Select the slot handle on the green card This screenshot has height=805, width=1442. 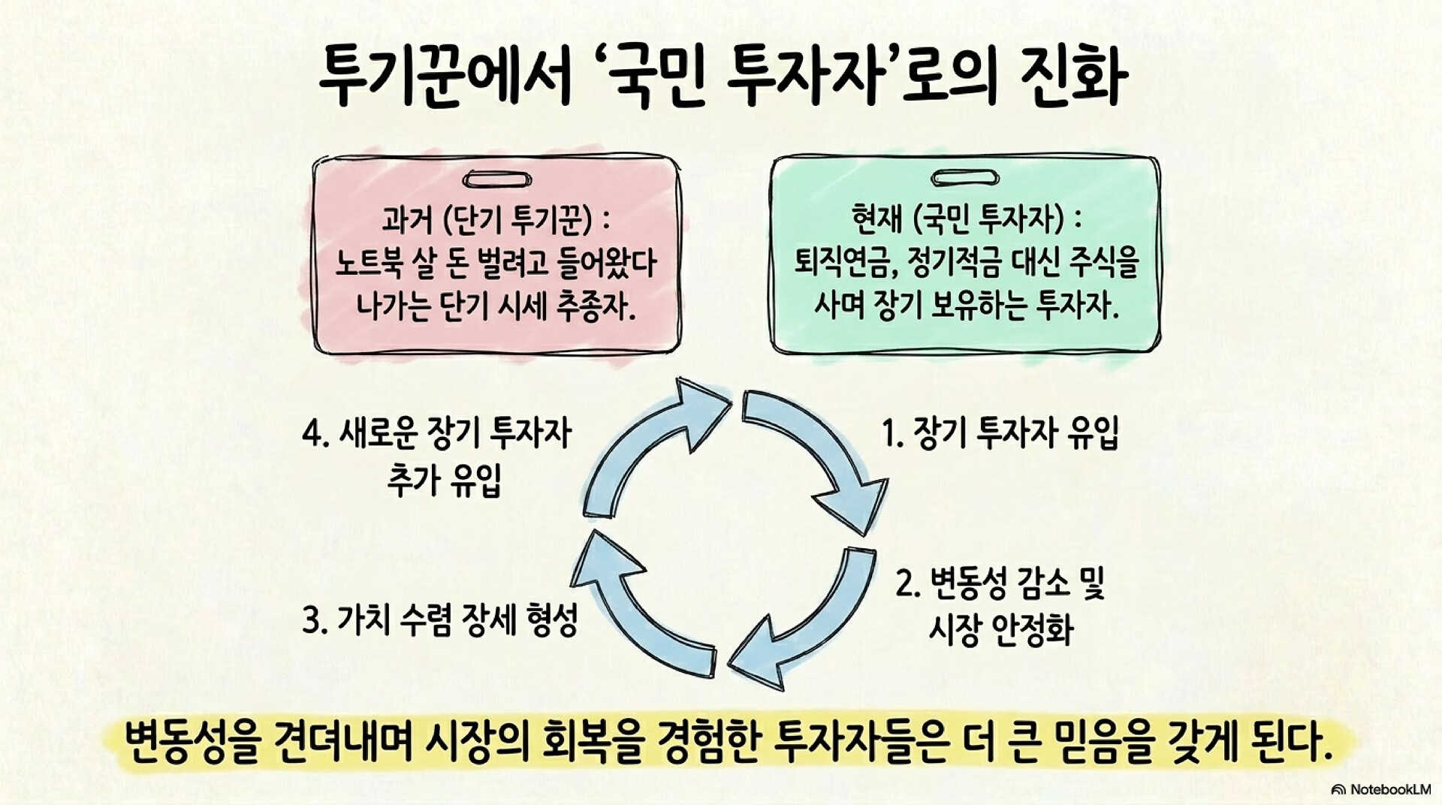tap(964, 179)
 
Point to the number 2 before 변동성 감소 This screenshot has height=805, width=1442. tap(904, 583)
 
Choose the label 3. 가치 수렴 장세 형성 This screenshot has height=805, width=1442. tap(439, 620)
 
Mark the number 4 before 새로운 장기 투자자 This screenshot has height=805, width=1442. tap(309, 435)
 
